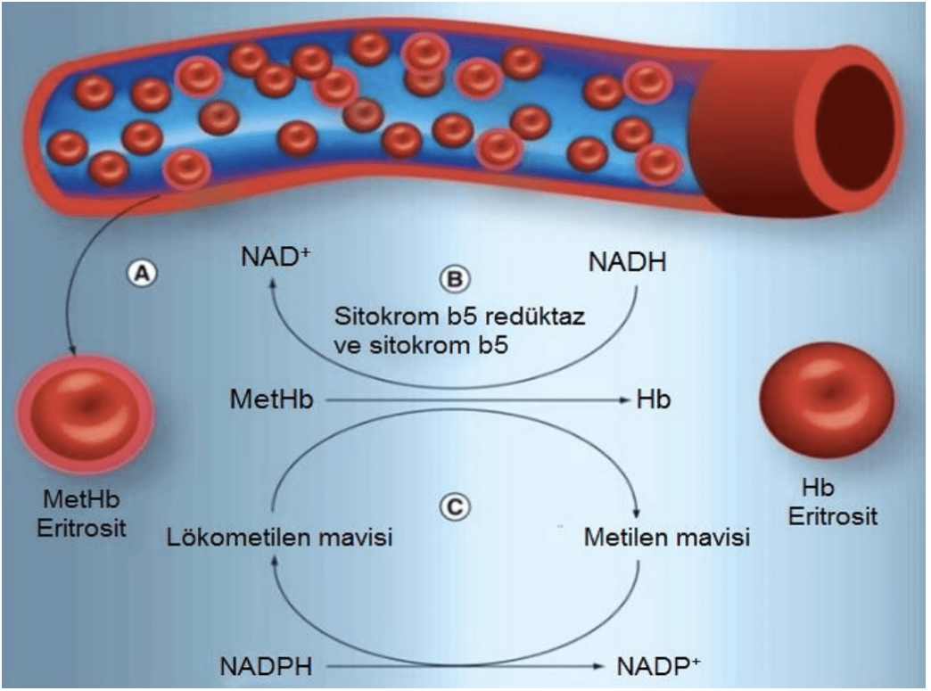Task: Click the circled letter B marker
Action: tap(454, 280)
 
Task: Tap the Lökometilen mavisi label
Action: tap(281, 539)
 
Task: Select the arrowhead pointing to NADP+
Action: tap(603, 666)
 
